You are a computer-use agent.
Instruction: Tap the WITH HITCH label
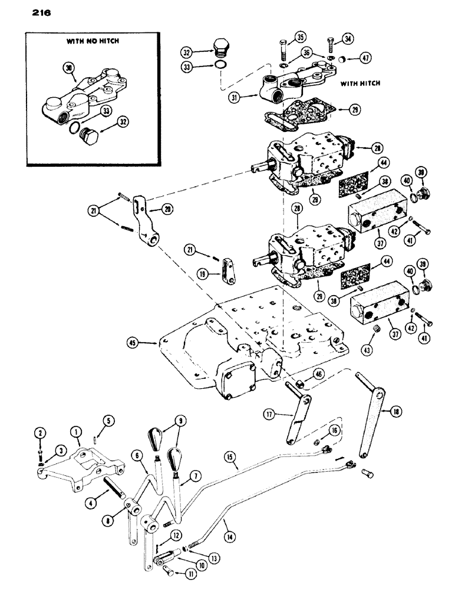click(x=360, y=84)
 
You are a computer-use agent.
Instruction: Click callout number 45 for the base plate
click(x=133, y=340)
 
